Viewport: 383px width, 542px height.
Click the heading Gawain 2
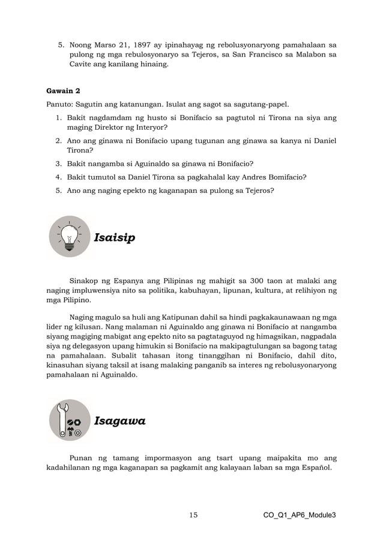pyautogui.click(x=64, y=91)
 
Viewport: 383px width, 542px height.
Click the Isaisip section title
pyautogui.click(x=114, y=238)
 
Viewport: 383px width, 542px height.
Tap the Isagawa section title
pyautogui.click(x=119, y=421)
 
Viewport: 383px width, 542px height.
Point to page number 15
pyautogui.click(x=193, y=515)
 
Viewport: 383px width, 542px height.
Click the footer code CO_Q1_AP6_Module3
pyautogui.click(x=300, y=515)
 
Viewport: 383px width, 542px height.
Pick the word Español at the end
pyautogui.click(x=316, y=467)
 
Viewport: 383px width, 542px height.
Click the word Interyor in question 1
pyautogui.click(x=148, y=128)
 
